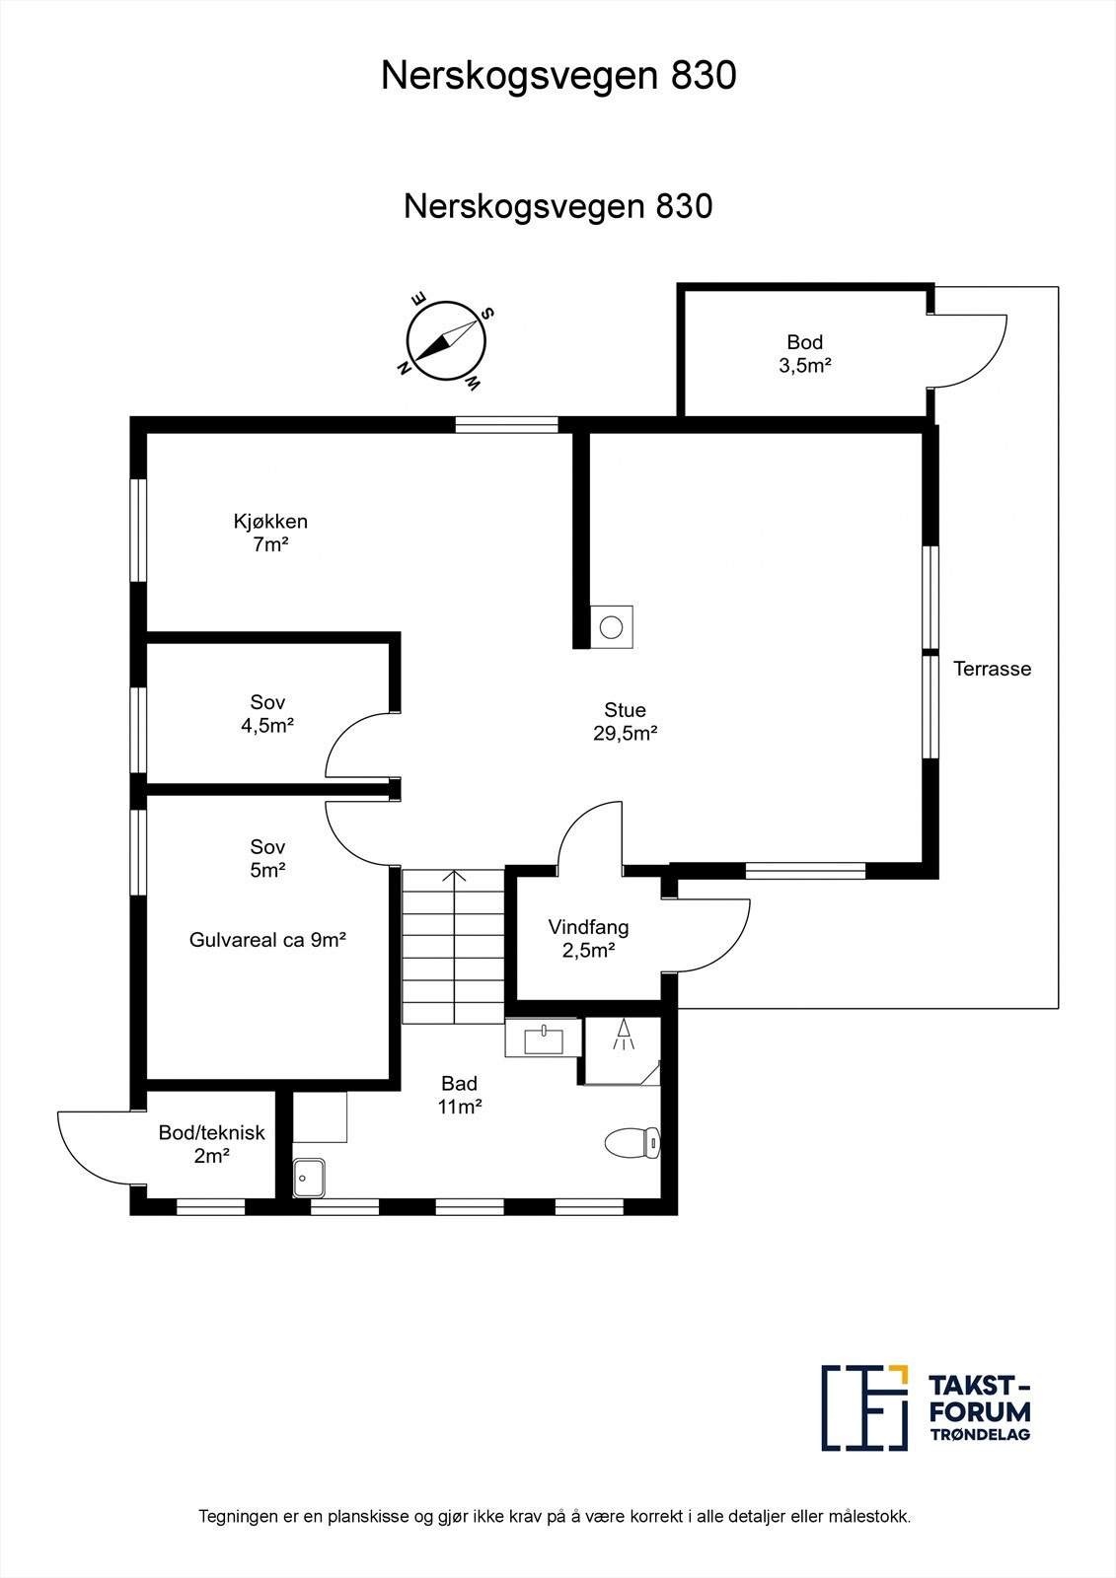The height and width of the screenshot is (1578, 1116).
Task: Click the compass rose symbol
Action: pos(446,341)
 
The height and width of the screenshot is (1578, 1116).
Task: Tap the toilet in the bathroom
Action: pos(632,1142)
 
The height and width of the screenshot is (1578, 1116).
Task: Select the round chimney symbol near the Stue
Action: pos(611,626)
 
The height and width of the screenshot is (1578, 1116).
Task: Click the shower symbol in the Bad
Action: pos(623,1037)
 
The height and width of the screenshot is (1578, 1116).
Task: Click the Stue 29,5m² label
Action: pos(626,721)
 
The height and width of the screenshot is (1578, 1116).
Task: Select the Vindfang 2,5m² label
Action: pos(589,938)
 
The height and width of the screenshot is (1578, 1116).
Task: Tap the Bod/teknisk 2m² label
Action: pos(211,1144)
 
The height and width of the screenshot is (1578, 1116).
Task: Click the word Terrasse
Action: pos(992,669)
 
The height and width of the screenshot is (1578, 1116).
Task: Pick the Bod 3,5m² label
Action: pos(805,354)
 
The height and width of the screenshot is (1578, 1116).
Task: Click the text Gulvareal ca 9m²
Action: pos(267,940)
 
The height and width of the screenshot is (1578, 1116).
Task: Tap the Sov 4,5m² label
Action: pos(267,714)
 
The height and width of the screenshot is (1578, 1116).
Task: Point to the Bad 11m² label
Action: pos(460,1095)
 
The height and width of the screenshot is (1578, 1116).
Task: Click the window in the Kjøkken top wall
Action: pos(506,425)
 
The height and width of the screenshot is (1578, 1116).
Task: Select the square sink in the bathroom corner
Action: pos(309,1178)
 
